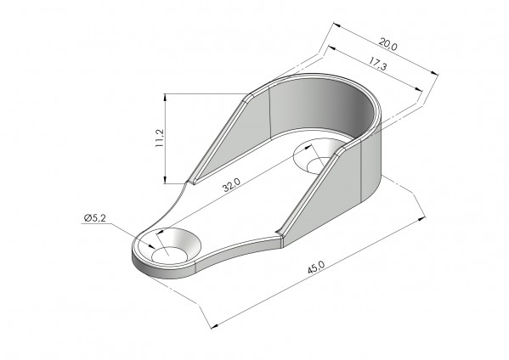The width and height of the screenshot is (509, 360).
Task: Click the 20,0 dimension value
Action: [387, 44]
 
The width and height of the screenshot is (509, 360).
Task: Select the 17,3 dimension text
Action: [377, 63]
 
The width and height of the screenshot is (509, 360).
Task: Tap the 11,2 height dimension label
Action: [160, 138]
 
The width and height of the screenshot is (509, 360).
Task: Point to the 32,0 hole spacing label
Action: [231, 185]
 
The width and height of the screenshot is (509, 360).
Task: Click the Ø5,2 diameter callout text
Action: [95, 218]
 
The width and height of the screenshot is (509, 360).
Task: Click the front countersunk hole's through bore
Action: [169, 255]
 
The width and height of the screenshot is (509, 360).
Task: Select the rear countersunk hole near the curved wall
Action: [316, 156]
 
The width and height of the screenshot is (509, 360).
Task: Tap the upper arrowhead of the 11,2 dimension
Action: [165, 98]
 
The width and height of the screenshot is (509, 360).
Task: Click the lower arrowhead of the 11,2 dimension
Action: [165, 180]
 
